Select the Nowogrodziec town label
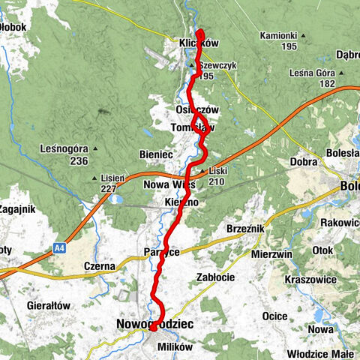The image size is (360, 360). point(155,324)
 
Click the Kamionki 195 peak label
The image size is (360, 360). point(277,40)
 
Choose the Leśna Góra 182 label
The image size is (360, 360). point(313,78)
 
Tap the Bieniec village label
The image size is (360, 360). point(156,154)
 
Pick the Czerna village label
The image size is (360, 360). point(99,266)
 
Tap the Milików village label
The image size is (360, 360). point(175,347)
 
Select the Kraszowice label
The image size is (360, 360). point(310,279)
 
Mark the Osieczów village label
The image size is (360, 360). point(197,109)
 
